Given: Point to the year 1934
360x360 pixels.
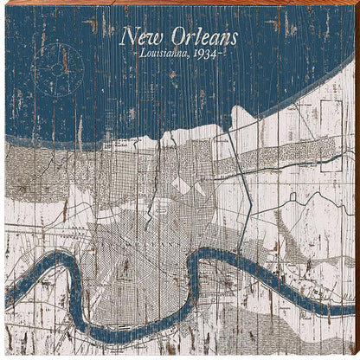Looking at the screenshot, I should click(207, 55).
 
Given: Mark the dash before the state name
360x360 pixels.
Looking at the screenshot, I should click(128, 56).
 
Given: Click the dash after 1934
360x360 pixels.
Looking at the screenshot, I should click(224, 56).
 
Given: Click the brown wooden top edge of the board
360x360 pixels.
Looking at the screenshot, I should click(180, 3).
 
